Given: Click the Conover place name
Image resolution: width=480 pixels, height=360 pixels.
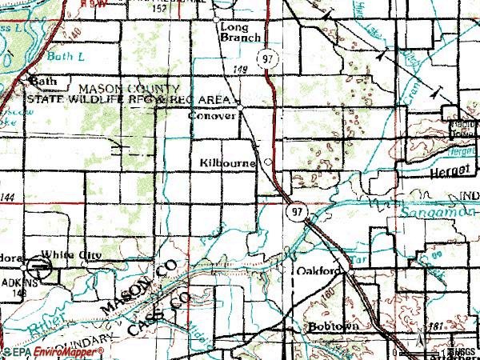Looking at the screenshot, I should pyautogui.click(x=211, y=115).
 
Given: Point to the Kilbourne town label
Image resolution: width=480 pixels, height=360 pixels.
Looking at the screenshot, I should pyautogui.click(x=227, y=162).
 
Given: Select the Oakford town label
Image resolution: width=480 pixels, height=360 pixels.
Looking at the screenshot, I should pyautogui.click(x=318, y=270).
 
